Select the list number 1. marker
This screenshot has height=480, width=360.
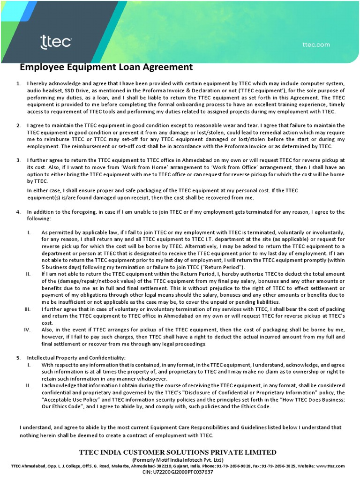(x=18, y=83)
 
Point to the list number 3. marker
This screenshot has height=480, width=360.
(x=18, y=160)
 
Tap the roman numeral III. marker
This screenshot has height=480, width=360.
(x=27, y=309)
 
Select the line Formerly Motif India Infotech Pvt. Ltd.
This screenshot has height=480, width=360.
(x=180, y=460)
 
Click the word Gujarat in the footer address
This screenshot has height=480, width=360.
(x=188, y=466)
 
